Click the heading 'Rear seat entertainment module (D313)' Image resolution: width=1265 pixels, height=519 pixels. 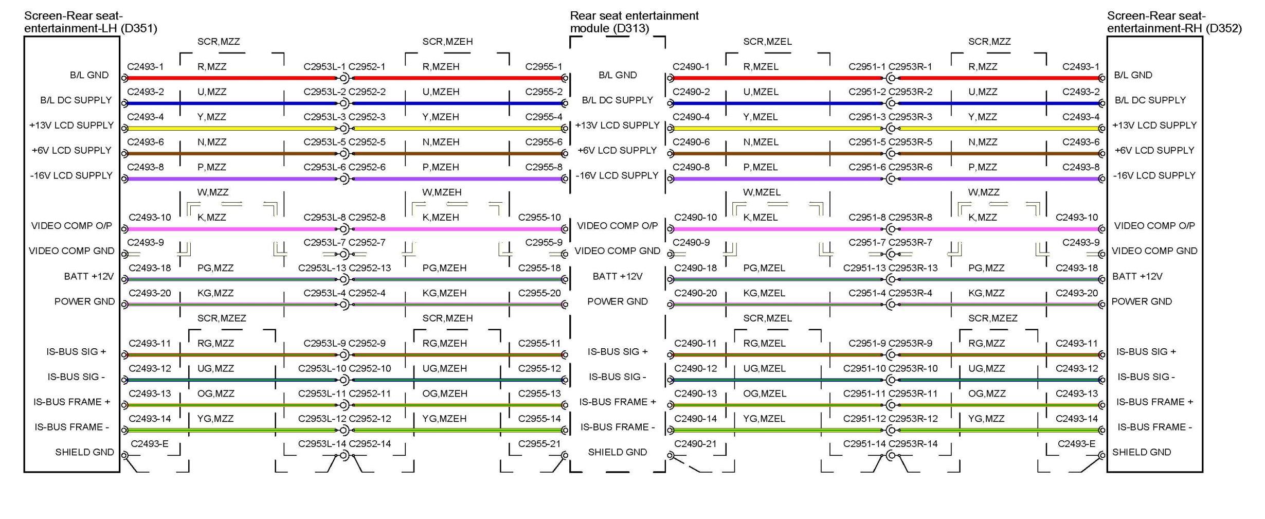tap(634, 22)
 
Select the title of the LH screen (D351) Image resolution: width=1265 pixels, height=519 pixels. tap(90, 22)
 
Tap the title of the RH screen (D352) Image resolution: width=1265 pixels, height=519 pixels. tap(1174, 22)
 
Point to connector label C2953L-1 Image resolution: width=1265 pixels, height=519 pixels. tap(324, 67)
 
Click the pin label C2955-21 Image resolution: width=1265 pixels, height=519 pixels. tap(539, 444)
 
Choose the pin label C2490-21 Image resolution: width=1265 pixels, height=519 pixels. tap(695, 444)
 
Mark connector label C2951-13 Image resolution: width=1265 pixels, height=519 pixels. tap(864, 268)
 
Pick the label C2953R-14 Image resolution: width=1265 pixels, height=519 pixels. tap(913, 444)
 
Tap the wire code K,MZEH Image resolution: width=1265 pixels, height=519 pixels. tap(440, 218)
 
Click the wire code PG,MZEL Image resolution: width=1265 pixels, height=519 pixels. tap(764, 268)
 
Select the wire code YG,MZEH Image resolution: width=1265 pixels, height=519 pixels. tap(444, 419)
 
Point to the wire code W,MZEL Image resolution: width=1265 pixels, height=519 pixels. tap(761, 192)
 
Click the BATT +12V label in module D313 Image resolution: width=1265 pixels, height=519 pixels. tap(617, 277)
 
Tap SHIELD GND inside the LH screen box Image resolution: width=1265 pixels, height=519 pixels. tap(84, 452)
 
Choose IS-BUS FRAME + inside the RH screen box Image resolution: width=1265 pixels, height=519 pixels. tap(1154, 402)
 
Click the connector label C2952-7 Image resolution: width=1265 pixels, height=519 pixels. tap(367, 243)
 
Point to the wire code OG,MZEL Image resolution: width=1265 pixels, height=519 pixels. tap(764, 393)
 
